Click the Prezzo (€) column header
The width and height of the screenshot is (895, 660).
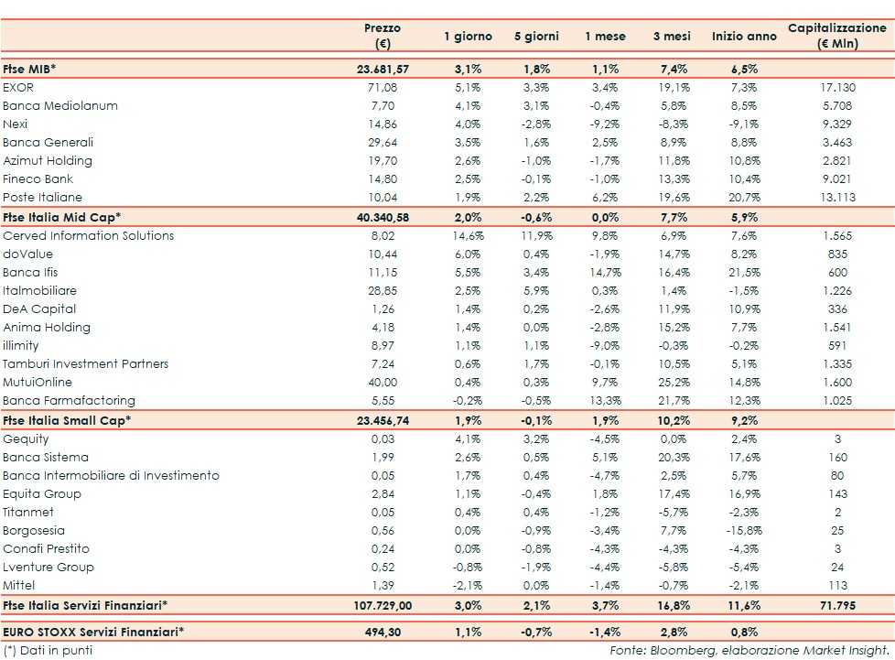(x=382, y=36)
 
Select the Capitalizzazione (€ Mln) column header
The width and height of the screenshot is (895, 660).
(x=836, y=36)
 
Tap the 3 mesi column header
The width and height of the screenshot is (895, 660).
(x=671, y=37)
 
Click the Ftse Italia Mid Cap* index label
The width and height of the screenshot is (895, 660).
(x=62, y=217)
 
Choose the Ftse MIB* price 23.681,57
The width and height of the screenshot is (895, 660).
(x=382, y=69)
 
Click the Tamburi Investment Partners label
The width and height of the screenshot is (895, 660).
(x=86, y=363)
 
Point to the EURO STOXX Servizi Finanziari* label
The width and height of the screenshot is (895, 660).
(x=93, y=631)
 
